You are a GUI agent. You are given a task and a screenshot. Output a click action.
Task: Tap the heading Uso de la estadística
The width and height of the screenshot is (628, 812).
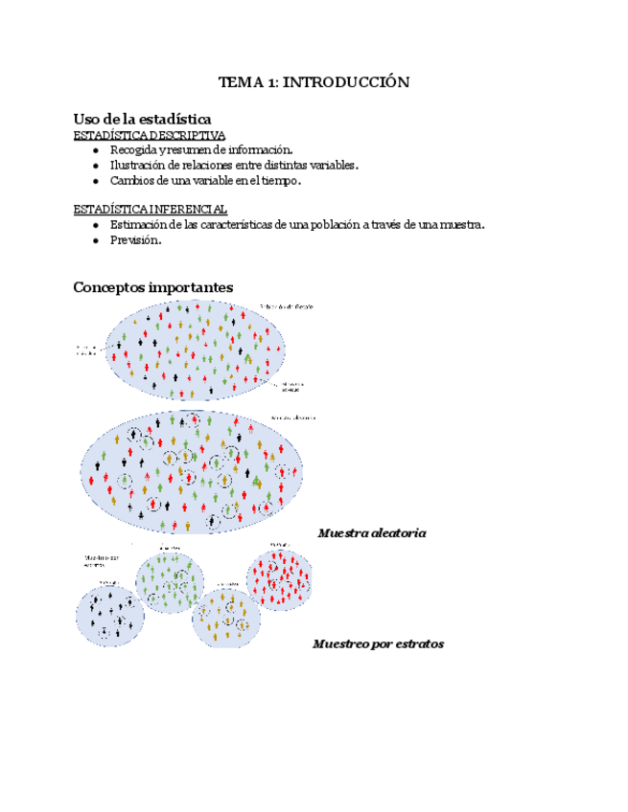pos(142,118)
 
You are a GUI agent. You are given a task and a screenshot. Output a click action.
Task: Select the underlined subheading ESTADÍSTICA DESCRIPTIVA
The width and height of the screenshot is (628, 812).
pos(150,135)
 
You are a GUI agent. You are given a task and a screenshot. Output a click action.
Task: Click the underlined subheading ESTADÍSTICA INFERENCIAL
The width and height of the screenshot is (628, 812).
pos(151,209)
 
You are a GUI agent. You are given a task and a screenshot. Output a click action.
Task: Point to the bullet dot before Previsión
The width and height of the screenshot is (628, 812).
pos(96,240)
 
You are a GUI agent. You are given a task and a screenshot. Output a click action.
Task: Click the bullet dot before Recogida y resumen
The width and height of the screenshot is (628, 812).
pos(96,150)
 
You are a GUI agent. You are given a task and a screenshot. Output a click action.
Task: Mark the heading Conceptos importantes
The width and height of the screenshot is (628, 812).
pos(153,287)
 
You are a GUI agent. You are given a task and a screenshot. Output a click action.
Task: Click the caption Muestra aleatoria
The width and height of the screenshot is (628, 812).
pos(372,532)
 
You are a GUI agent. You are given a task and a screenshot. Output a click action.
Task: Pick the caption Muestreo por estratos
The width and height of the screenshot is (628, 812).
pos(378,643)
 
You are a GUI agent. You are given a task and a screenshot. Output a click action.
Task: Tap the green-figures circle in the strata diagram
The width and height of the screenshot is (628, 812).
pos(170,580)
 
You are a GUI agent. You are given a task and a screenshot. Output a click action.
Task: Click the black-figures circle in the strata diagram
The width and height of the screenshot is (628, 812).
pos(110,611)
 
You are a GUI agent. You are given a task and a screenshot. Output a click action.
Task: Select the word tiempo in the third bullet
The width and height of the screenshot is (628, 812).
pos(281,180)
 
